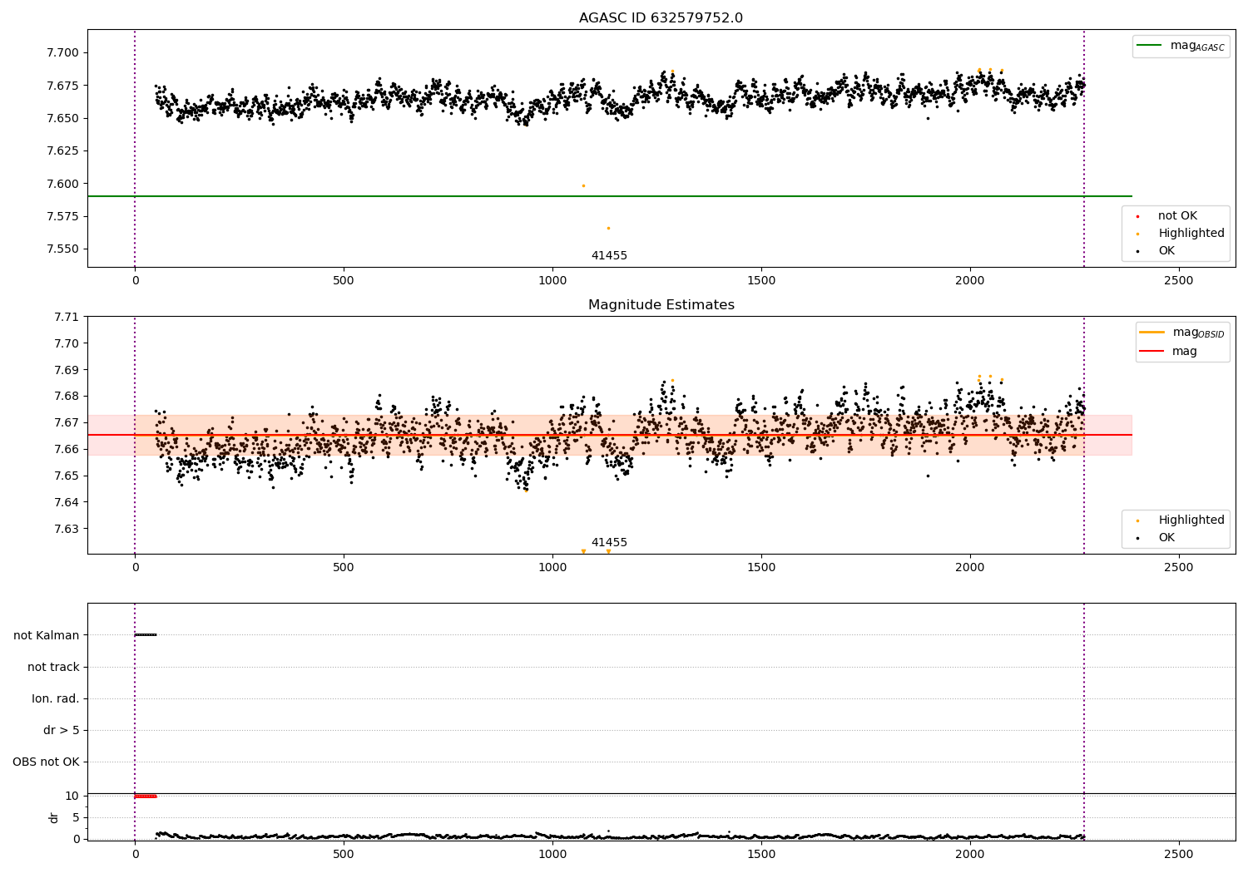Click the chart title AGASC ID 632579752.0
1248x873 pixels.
pyautogui.click(x=661, y=17)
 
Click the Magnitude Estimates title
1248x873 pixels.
pyautogui.click(x=661, y=304)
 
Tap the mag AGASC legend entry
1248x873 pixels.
pyautogui.click(x=1181, y=46)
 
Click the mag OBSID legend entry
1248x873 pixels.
pyautogui.click(x=1182, y=333)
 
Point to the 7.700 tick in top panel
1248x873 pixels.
pyautogui.click(x=63, y=53)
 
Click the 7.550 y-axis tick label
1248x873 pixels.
pyautogui.click(x=63, y=249)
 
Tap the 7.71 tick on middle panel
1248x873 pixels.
pyautogui.click(x=67, y=317)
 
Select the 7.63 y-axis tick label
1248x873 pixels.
pyautogui.click(x=67, y=528)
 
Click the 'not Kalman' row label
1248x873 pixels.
pyautogui.click(x=47, y=635)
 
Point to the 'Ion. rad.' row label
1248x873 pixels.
pyautogui.click(x=55, y=698)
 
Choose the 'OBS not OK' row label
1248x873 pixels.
pyautogui.click(x=47, y=762)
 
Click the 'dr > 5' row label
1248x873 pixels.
pyautogui.click(x=62, y=730)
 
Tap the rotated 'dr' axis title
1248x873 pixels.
pyautogui.click(x=53, y=818)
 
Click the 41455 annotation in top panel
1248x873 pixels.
pyautogui.click(x=609, y=255)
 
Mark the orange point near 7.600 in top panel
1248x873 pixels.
pyautogui.click(x=583, y=186)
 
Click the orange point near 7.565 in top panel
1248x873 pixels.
pyautogui.click(x=608, y=229)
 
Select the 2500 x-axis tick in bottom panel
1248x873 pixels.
pyautogui.click(x=1179, y=855)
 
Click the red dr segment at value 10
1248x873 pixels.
pyautogui.click(x=146, y=797)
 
